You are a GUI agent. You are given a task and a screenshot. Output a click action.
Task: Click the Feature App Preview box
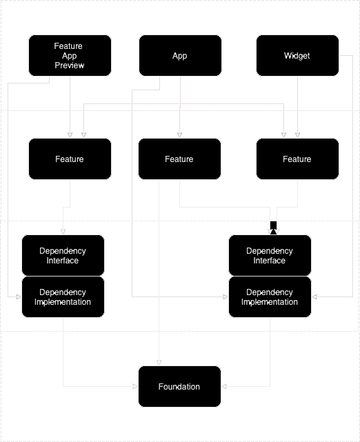70,56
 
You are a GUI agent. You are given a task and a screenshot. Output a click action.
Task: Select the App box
180,56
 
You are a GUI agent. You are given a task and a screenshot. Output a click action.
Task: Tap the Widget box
297,56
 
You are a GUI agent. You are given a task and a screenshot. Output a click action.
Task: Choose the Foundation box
179,386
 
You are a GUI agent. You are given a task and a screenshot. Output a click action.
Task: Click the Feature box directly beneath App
179,159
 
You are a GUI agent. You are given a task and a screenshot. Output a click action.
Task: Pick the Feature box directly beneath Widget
297,159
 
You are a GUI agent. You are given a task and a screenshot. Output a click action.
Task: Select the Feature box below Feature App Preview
70,159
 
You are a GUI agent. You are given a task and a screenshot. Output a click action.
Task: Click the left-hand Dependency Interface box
63,256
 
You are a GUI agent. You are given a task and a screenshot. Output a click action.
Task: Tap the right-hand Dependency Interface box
270,256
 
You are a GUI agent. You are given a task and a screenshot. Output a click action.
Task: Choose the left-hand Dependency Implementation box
63,297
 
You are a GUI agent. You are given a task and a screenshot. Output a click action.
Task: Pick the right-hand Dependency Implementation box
270,297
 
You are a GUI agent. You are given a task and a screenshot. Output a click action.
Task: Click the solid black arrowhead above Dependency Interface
273,230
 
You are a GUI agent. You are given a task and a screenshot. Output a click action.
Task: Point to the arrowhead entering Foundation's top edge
159,362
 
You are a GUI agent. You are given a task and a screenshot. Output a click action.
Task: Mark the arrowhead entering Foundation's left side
134,387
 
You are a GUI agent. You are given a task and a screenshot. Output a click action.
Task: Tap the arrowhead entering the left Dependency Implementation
18,297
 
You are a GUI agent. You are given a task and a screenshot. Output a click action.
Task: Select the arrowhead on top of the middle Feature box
180,134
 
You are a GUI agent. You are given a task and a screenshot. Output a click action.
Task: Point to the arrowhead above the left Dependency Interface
63,231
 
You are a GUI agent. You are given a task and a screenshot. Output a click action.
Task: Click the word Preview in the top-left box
69,66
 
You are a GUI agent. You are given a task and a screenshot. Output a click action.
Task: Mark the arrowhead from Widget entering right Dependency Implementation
315,297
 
